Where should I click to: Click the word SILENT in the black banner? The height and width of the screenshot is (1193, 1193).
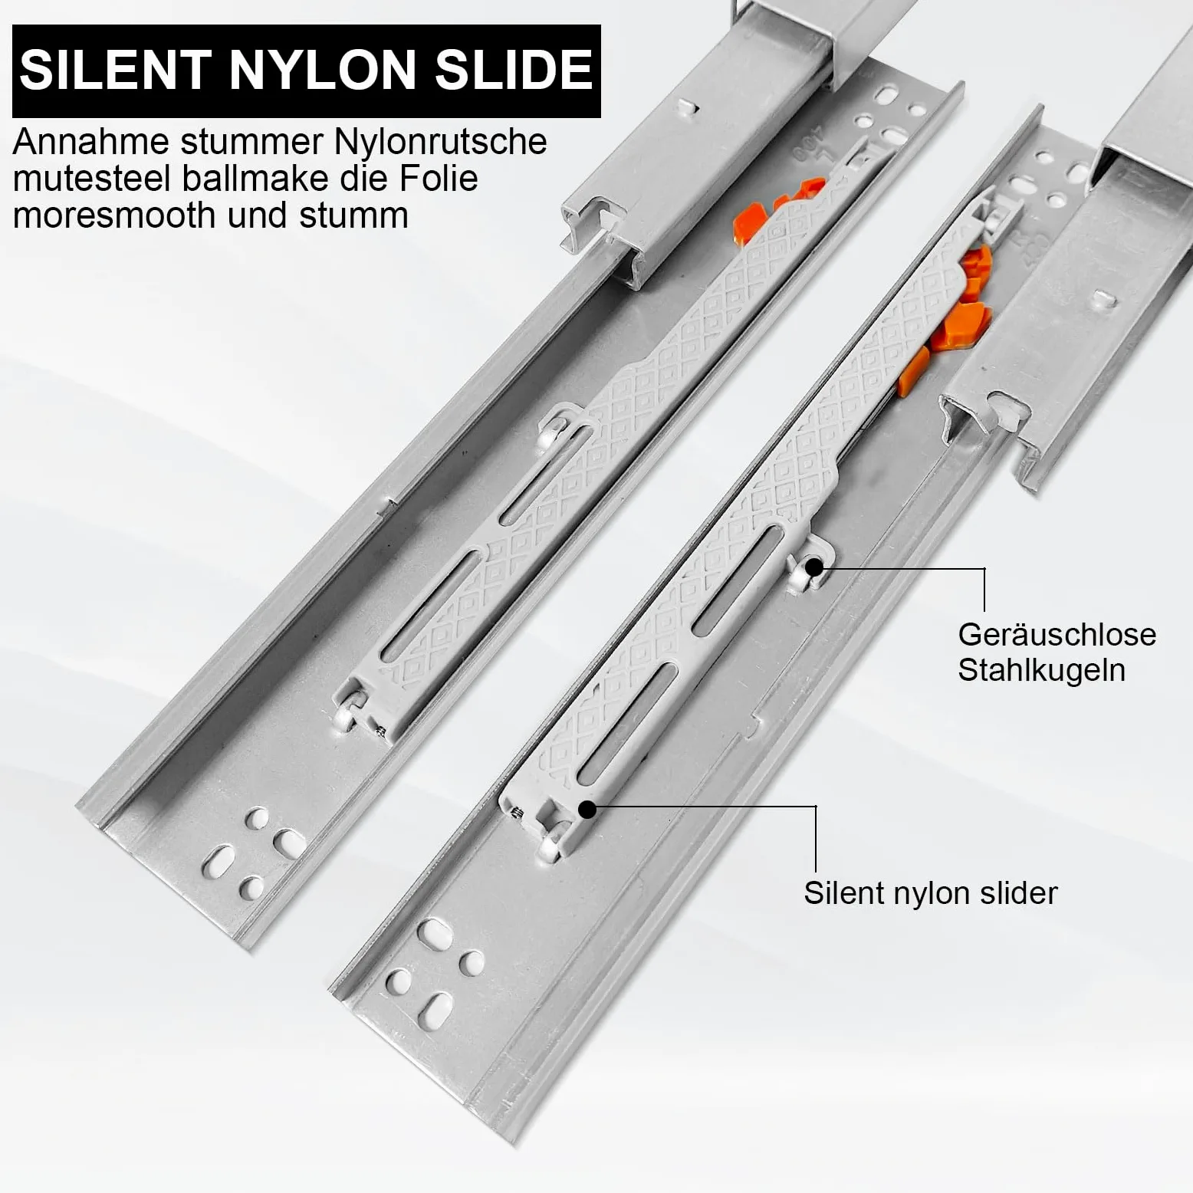click(x=115, y=70)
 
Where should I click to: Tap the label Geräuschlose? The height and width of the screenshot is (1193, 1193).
click(x=1057, y=635)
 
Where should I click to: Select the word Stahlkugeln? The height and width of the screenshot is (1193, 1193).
click(x=1041, y=670)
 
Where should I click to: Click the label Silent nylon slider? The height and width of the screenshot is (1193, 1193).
click(x=930, y=893)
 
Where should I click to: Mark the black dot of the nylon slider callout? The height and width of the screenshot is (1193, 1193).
click(x=587, y=810)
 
